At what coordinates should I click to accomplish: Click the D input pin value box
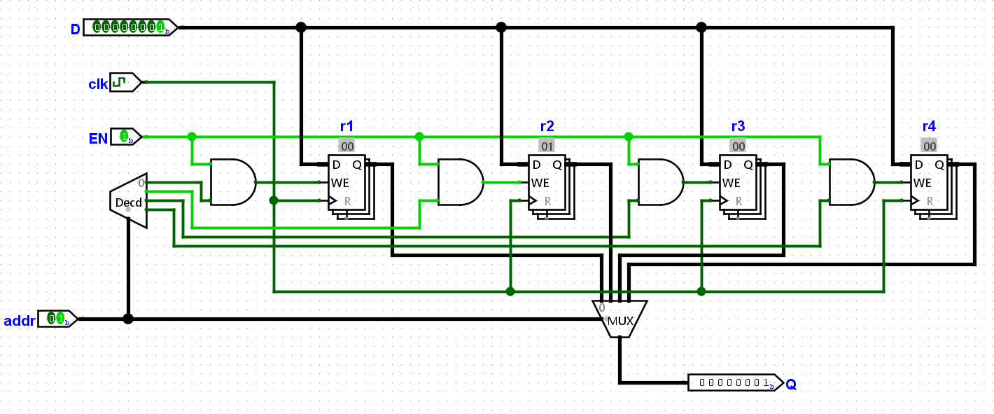click(x=130, y=27)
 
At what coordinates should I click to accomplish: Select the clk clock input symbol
click(x=125, y=82)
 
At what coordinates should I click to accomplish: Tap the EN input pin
click(x=125, y=137)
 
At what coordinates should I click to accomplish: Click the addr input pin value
click(x=57, y=319)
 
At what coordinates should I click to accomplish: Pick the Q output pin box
click(x=736, y=382)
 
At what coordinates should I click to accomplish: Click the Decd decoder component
click(x=129, y=201)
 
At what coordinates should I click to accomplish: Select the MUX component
click(x=620, y=319)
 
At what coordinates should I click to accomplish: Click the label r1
click(x=346, y=126)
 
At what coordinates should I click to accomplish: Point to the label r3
click(x=738, y=126)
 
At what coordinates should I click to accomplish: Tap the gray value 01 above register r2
click(x=547, y=146)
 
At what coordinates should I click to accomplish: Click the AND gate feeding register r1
click(x=233, y=182)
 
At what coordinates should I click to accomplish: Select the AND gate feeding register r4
click(x=852, y=182)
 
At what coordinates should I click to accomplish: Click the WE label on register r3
click(x=731, y=183)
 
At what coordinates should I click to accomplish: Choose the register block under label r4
click(x=934, y=187)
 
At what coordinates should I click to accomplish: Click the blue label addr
click(x=20, y=321)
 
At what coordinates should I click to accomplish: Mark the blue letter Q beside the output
click(x=791, y=385)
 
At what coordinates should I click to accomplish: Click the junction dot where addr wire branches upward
click(x=128, y=319)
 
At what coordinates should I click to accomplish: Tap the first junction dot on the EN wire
click(x=192, y=137)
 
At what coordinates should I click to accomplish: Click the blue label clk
click(x=98, y=84)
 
